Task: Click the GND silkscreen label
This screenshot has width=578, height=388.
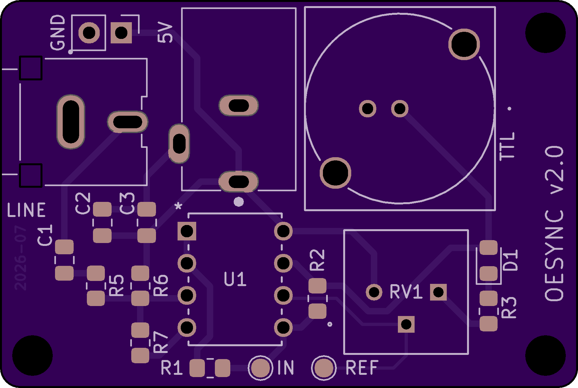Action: click(x=58, y=32)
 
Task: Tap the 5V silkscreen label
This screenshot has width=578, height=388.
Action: click(x=165, y=32)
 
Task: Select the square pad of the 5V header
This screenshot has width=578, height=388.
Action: click(x=121, y=32)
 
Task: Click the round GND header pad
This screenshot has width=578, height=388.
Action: click(x=89, y=32)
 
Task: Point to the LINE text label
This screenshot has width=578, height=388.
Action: click(x=26, y=210)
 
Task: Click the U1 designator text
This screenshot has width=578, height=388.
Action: click(x=235, y=279)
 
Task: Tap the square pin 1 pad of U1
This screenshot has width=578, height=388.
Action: click(x=187, y=231)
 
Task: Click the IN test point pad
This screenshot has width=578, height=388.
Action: click(x=260, y=368)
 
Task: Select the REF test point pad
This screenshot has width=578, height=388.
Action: click(x=324, y=368)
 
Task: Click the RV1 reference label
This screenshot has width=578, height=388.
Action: click(x=406, y=292)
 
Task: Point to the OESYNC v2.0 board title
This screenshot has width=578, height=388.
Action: click(x=555, y=224)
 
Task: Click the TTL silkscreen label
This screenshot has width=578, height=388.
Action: click(x=507, y=146)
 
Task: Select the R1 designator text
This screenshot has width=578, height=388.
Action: click(x=172, y=368)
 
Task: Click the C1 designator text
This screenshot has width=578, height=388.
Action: click(x=45, y=235)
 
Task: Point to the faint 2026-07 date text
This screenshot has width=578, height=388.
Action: click(x=20, y=258)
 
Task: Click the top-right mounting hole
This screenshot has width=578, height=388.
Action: click(x=546, y=33)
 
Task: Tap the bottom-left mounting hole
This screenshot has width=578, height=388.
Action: click(x=32, y=356)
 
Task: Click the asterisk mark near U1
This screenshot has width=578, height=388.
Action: click(x=179, y=206)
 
